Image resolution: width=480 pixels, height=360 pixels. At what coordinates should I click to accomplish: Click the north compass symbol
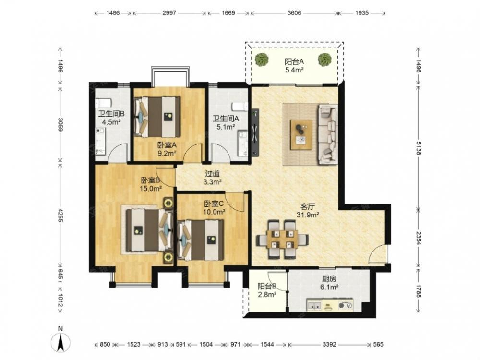60,340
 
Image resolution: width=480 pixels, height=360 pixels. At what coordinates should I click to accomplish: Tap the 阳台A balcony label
294,61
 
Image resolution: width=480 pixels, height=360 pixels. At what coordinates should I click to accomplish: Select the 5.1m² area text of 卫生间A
226,127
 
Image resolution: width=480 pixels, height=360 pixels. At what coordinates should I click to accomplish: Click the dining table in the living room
282,240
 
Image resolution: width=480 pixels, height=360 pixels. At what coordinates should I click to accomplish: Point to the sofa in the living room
328,134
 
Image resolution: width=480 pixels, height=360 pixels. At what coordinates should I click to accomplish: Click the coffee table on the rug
301,135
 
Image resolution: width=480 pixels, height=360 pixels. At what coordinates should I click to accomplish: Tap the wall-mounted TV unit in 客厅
255,132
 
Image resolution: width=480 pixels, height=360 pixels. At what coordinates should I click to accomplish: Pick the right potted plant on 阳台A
324,60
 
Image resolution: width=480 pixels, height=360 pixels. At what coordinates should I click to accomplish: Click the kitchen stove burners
345,305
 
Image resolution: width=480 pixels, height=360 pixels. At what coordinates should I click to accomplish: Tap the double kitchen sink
314,305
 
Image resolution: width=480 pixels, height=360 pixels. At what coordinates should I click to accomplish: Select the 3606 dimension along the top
294,13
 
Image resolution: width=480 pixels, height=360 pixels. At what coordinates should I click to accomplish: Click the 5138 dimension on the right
418,147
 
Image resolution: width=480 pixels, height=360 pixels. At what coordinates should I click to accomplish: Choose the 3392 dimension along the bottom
329,344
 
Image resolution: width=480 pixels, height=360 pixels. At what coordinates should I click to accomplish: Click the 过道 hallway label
213,174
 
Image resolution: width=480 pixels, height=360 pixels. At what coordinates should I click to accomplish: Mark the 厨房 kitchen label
329,279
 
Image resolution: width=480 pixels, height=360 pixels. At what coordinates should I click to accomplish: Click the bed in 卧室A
157,117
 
